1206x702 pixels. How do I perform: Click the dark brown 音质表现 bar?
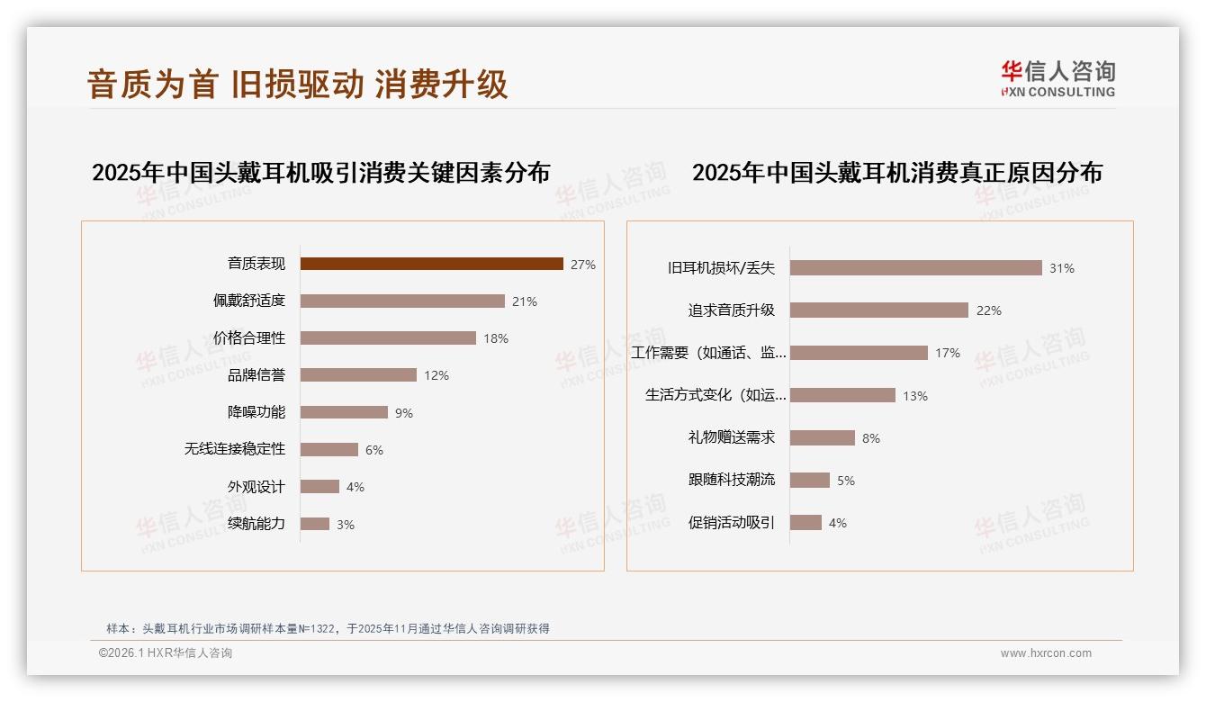[432, 264]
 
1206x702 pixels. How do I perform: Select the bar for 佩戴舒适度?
[402, 301]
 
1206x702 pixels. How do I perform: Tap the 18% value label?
[496, 338]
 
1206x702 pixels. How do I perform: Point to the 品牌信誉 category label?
[256, 375]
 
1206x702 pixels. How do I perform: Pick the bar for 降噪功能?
[344, 412]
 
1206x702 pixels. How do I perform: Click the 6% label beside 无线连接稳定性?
[374, 450]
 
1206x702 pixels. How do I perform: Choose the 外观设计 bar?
[319, 487]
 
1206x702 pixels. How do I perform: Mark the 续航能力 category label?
[256, 524]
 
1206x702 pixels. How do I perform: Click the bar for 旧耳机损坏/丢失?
[915, 267]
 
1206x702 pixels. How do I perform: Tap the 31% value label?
[1062, 268]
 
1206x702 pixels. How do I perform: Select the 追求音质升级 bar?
[878, 310]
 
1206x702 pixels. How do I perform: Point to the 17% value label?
[948, 353]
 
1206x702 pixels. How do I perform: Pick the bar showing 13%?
[842, 395]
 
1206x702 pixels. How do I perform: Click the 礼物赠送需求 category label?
[731, 437]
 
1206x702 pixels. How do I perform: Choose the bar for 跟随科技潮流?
[810, 480]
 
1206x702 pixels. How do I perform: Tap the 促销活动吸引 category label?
[731, 522]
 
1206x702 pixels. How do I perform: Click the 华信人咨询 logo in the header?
[1057, 78]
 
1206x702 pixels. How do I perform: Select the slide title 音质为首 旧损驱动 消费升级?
[298, 84]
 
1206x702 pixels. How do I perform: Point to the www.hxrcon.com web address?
[1046, 653]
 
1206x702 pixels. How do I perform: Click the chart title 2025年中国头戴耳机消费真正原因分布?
[896, 172]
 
